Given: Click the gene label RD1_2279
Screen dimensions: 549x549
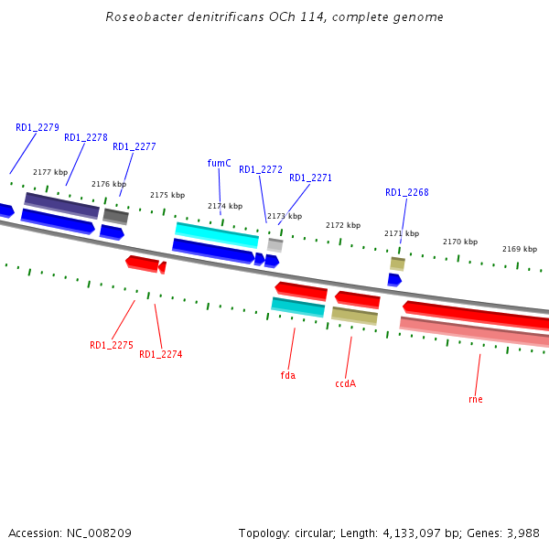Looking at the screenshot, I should [x=38, y=127].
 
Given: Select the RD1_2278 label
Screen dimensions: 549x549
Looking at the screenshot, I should [x=86, y=137].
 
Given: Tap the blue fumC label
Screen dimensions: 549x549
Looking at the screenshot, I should [x=219, y=163].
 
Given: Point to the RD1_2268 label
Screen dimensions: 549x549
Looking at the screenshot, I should [x=406, y=192].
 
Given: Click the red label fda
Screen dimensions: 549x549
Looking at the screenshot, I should [x=287, y=375].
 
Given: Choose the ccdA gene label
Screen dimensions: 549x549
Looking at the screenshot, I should [x=345, y=383].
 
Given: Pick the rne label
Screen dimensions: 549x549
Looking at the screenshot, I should [x=475, y=399].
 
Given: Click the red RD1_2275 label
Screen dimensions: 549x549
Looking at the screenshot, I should [x=112, y=345].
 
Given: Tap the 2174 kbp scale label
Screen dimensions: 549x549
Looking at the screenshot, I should [x=225, y=206].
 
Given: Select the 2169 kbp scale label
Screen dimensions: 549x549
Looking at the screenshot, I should [x=520, y=249].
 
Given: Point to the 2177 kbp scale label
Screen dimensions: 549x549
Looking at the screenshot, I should [x=50, y=172].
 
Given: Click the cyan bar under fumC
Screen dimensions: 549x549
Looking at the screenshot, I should [x=217, y=234].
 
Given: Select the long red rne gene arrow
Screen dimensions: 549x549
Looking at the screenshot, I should [x=476, y=315].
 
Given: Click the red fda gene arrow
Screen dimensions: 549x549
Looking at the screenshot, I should [x=301, y=291].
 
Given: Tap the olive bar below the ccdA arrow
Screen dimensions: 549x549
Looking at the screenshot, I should [x=354, y=316].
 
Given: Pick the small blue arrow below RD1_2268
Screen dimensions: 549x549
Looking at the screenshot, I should [x=394, y=279].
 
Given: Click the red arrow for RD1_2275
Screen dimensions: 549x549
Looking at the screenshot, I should [x=142, y=264].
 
